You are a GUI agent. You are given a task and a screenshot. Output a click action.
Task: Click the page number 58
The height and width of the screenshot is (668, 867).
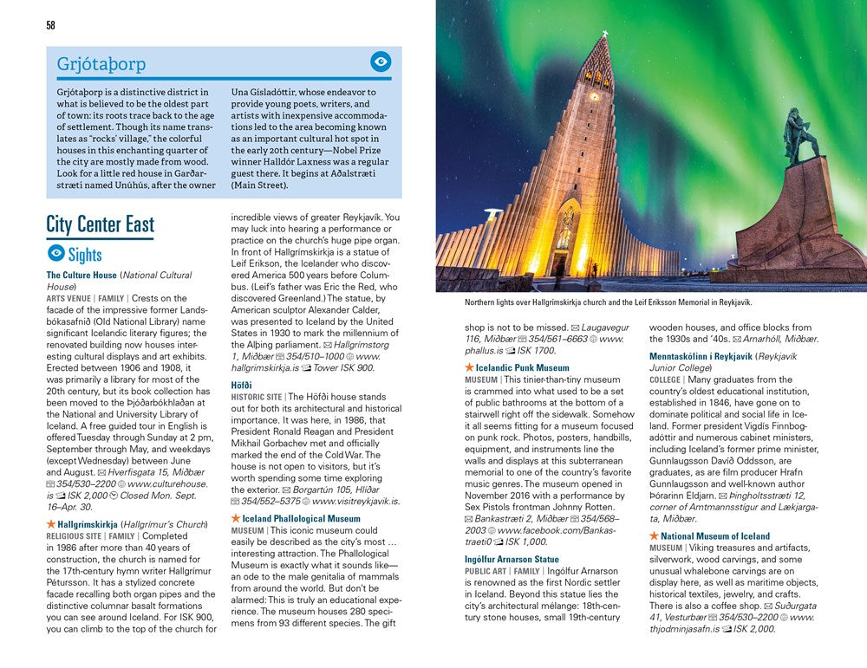coord(50,25)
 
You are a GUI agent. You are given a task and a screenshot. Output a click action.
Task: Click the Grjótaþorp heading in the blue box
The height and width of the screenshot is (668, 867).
coord(101,64)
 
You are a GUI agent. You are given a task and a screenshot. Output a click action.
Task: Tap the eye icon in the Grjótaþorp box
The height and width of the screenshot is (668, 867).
coord(380,62)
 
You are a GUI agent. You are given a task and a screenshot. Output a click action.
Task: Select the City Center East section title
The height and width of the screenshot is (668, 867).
coord(100,224)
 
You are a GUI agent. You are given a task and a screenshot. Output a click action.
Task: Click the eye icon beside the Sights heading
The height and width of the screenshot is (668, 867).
coord(55,254)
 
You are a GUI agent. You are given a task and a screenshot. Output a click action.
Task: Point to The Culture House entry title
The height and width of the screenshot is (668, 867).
coord(81,276)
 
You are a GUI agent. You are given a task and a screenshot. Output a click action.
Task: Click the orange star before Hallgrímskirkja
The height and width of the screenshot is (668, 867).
coord(51,524)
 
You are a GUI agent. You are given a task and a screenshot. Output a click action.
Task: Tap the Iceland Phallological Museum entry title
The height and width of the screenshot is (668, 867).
coord(300,518)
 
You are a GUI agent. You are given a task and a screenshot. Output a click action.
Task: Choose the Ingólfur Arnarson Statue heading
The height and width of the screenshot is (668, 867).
coord(512,559)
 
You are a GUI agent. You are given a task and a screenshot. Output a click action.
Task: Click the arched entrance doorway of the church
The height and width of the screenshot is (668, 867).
coord(564,243)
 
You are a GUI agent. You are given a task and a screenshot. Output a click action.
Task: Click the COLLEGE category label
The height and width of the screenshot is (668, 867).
coord(666,379)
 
